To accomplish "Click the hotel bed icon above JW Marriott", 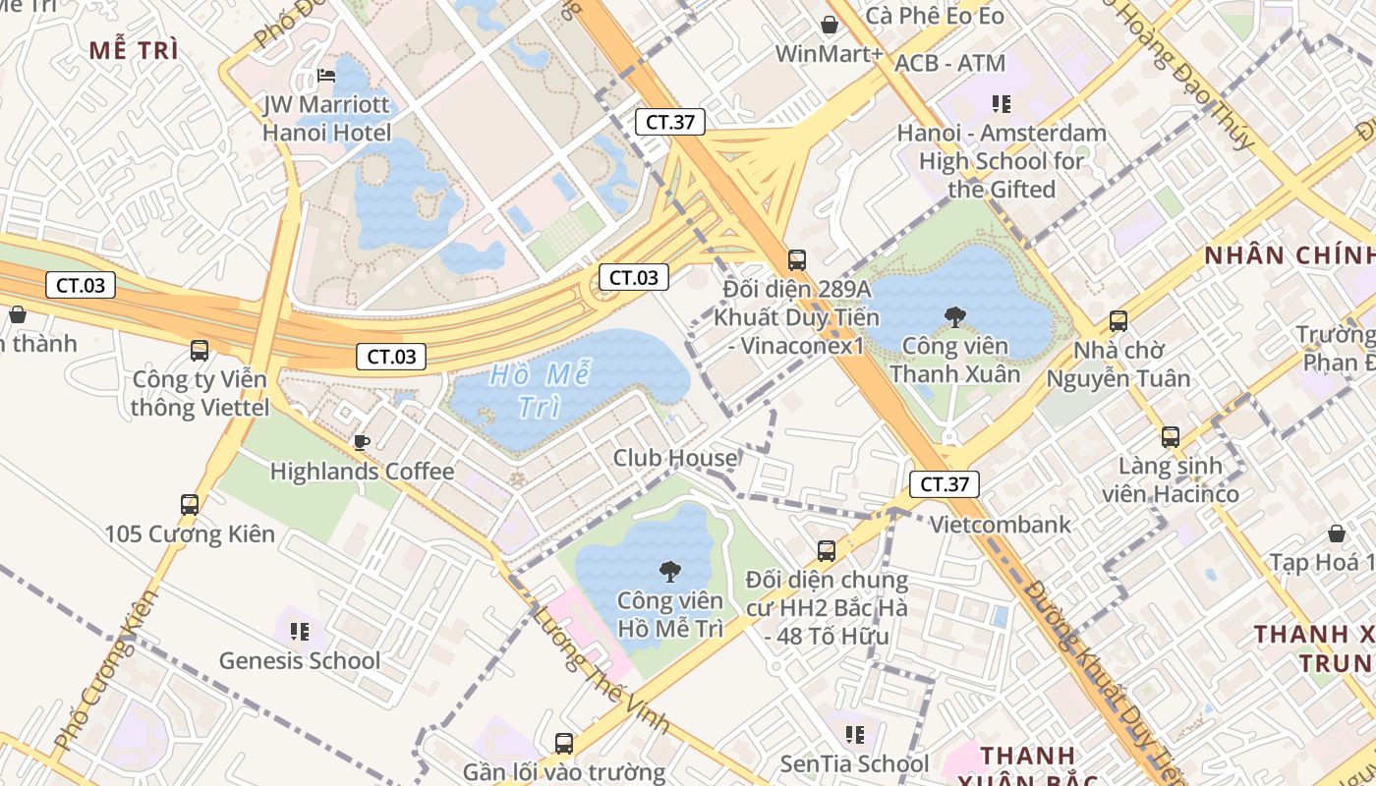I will (327, 75).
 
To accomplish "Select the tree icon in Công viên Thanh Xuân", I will (953, 316).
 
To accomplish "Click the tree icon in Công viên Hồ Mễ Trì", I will (670, 571).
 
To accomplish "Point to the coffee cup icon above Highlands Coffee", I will (362, 442).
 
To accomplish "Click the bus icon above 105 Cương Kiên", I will (190, 505).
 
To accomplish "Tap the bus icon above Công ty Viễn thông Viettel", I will (200, 351).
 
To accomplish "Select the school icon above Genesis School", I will (300, 631).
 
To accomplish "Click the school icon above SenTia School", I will (855, 734).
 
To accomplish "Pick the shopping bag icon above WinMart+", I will (830, 25).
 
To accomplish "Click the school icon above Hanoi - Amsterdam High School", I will (1002, 103).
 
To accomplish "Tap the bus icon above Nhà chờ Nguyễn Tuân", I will (1118, 320).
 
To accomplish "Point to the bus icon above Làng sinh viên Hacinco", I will (1171, 437).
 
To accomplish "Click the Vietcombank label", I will (1001, 525).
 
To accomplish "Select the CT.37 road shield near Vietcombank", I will (944, 484).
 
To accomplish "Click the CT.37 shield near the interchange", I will (670, 123).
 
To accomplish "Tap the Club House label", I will (675, 458).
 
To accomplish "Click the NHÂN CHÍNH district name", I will (1289, 255).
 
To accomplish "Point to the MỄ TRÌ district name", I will (134, 51).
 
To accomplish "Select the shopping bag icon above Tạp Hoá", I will (1337, 533).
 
